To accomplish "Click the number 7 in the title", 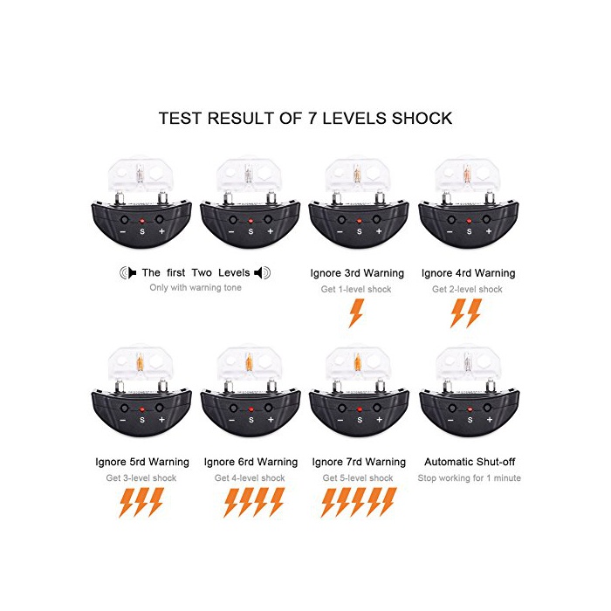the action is pos(312,118).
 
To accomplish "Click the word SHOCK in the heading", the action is pos(422,118).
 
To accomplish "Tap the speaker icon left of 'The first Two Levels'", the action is pos(127,272).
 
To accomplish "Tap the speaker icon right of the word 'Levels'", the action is pos(262,272).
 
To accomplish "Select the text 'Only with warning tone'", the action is pos(196,287).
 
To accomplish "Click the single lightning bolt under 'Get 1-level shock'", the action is pos(356,313).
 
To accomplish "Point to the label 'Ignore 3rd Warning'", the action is pos(357,273).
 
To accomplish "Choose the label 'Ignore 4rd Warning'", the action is pos(469,273).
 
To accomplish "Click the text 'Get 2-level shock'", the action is pos(467,289).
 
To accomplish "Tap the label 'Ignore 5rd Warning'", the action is pos(142,462).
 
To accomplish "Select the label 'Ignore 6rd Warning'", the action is pos(251,462).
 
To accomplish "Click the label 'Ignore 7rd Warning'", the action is pos(359,462).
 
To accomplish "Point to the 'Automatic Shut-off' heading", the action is pos(470,462).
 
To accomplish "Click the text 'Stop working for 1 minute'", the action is pos(470,477).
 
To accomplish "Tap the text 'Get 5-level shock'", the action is pos(358,477).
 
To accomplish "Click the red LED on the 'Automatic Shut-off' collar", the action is pos(470,409).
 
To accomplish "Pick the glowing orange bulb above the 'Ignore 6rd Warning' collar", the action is pos(249,362).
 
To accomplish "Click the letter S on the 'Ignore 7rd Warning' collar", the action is pos(360,420).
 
